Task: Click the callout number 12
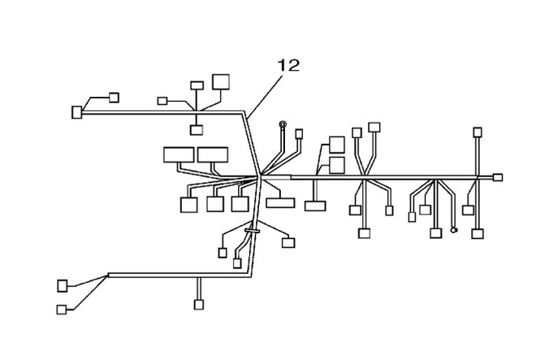(288, 65)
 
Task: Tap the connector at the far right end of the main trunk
(498, 177)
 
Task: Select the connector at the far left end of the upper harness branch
(77, 112)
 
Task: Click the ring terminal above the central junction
(283, 124)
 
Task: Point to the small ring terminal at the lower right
(454, 230)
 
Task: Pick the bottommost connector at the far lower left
(62, 310)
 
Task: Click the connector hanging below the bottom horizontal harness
(199, 305)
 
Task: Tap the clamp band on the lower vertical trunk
(253, 232)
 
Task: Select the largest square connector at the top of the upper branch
(221, 82)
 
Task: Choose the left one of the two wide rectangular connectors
(179, 154)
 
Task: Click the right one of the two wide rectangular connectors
(213, 154)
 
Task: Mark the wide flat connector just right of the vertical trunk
(280, 202)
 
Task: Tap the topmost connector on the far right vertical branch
(478, 132)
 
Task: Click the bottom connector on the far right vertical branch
(478, 234)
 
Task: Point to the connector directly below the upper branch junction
(197, 130)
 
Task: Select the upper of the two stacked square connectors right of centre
(337, 145)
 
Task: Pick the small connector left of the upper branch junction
(162, 101)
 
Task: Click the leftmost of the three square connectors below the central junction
(188, 205)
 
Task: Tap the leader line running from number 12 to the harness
(265, 97)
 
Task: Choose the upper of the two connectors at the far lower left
(63, 286)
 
